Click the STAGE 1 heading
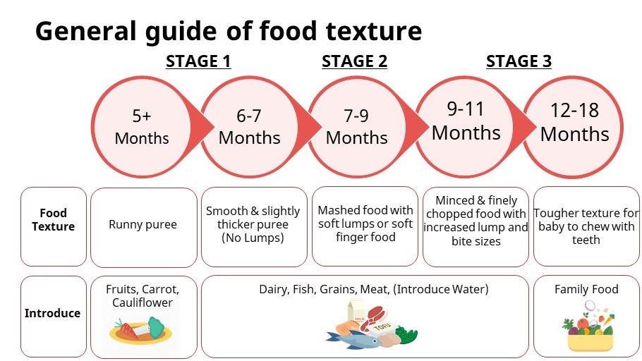pyautogui.click(x=198, y=61)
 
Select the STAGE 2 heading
pyautogui.click(x=354, y=61)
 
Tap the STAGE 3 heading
pyautogui.click(x=519, y=61)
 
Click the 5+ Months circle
pyautogui.click(x=142, y=127)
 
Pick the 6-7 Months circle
pyautogui.click(x=249, y=127)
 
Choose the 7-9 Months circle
pyautogui.click(x=356, y=127)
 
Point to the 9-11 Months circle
pyautogui.click(x=466, y=127)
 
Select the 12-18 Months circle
pyautogui.click(x=574, y=127)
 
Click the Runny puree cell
pyautogui.click(x=143, y=227)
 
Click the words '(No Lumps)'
pyautogui.click(x=253, y=238)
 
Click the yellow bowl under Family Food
pyautogui.click(x=590, y=342)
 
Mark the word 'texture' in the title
pyautogui.click(x=374, y=31)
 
